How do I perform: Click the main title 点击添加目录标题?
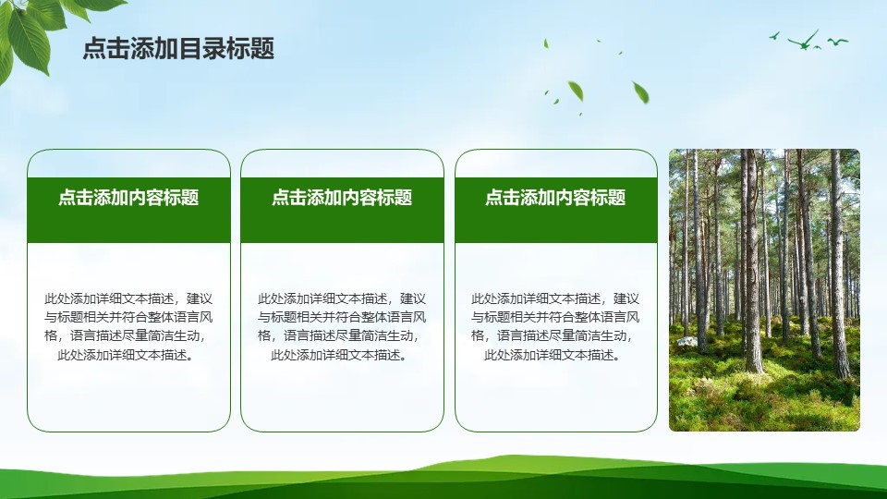click(x=178, y=48)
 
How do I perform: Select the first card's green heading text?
click(x=129, y=198)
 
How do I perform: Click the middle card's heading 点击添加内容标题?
click(x=342, y=198)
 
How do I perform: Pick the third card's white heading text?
click(x=555, y=198)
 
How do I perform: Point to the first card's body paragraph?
click(x=128, y=326)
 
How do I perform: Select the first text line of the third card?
click(x=555, y=298)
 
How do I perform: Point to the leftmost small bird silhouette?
click(x=774, y=36)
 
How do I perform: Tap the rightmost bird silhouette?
click(x=838, y=42)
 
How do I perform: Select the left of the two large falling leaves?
click(x=576, y=91)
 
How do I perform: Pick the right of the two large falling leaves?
click(x=641, y=92)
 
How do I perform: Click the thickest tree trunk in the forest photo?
click(x=751, y=261)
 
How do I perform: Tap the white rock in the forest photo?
click(x=687, y=341)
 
